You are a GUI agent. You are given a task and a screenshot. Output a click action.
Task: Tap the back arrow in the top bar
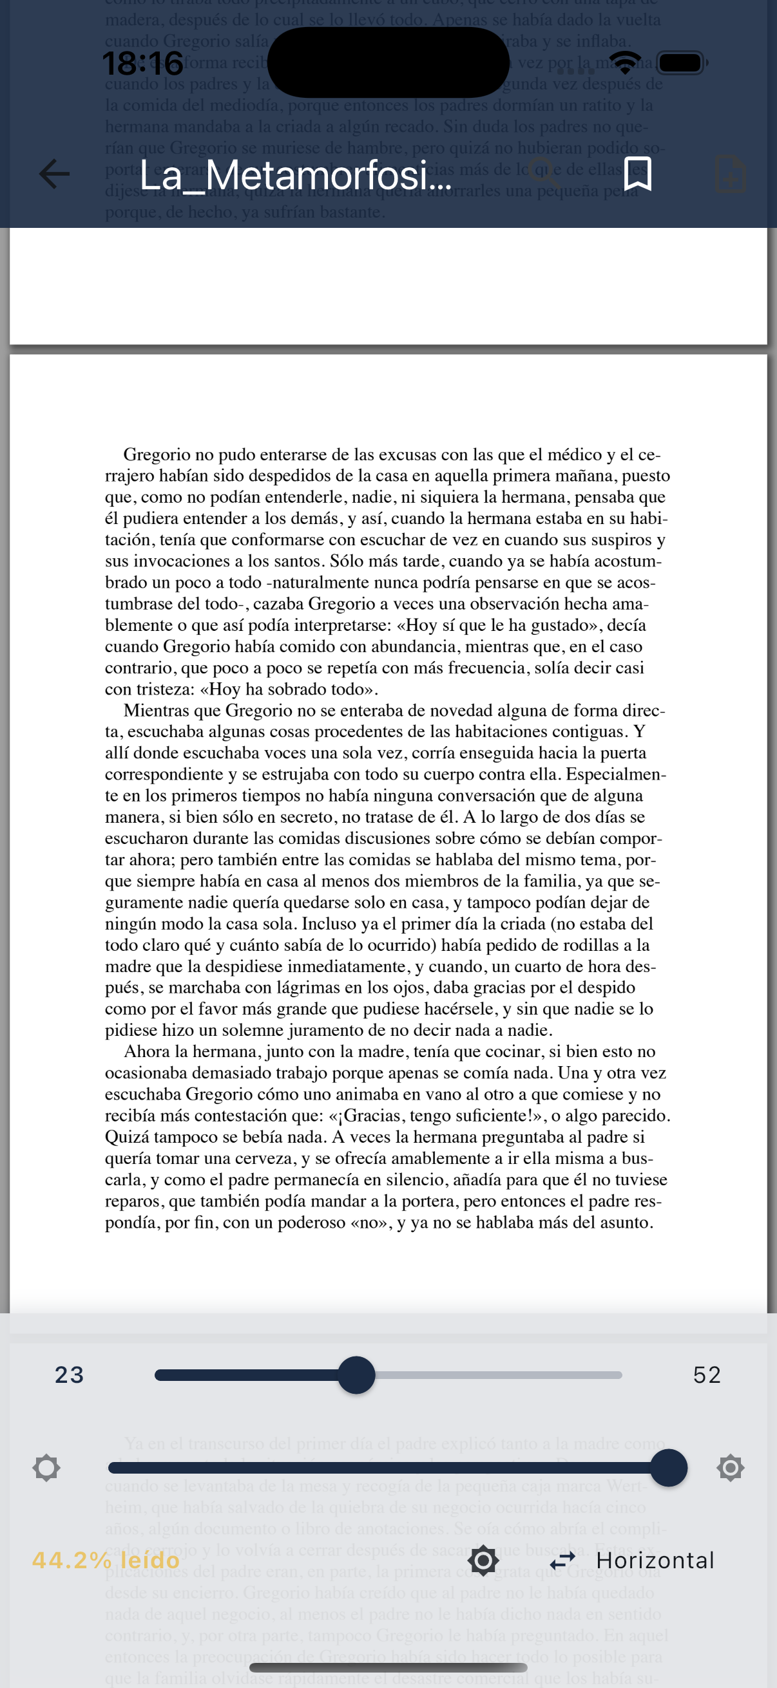coord(54,174)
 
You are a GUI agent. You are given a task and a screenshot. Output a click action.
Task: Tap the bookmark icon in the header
coord(637,174)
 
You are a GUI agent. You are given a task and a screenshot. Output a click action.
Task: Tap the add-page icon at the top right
coord(730,174)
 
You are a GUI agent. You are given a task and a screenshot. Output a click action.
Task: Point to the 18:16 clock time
coord(142,64)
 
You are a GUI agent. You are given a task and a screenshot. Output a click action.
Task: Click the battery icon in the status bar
coord(682,63)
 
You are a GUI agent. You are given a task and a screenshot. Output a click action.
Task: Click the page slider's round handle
coord(356,1374)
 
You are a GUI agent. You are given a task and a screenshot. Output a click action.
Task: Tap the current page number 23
coord(70,1374)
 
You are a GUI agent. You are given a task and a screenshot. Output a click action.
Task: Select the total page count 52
coord(707,1374)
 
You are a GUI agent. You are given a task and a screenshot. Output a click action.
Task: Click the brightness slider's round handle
coord(668,1468)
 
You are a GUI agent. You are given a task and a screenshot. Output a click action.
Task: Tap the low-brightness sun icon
coord(46,1468)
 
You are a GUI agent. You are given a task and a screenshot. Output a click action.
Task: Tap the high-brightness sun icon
coord(730,1468)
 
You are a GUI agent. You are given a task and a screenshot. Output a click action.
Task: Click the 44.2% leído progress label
coord(106,1561)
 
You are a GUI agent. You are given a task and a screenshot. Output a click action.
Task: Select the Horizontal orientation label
coord(655,1561)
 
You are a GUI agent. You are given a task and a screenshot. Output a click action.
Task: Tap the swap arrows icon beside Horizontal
coord(562,1561)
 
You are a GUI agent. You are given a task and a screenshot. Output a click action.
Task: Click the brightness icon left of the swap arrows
coord(483,1561)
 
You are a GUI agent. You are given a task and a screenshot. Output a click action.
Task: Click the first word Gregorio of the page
coord(155,455)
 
